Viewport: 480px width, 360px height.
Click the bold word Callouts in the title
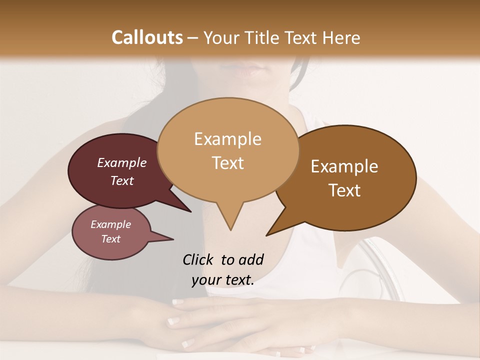147,37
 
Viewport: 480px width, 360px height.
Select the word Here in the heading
341,37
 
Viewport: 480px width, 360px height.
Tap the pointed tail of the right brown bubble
277,227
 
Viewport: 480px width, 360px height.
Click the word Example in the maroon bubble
121,162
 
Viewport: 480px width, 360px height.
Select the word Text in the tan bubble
228,163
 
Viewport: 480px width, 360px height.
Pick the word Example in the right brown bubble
344,166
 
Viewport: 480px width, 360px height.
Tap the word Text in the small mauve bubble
110,239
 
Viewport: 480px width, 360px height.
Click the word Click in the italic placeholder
199,259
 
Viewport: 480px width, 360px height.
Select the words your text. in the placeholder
223,280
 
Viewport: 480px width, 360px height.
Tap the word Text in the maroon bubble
121,180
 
